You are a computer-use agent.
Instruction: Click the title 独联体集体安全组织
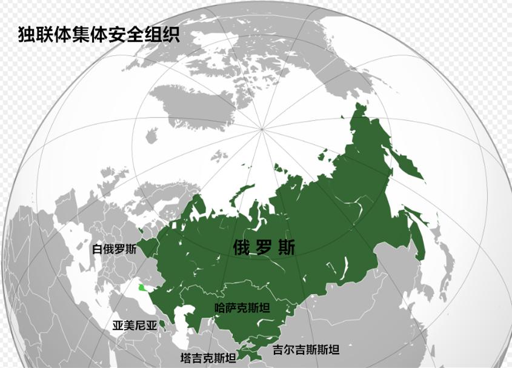pyautogui.click(x=99, y=34)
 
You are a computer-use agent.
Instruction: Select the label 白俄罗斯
pyautogui.click(x=115, y=249)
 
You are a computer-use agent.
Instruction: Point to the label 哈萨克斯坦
pyautogui.click(x=242, y=308)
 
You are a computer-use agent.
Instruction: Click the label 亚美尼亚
pyautogui.click(x=135, y=326)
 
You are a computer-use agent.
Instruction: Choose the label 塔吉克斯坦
pyautogui.click(x=209, y=358)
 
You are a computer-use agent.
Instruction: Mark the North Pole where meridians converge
pyautogui.click(x=262, y=128)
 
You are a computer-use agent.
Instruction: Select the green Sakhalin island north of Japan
pyautogui.click(x=417, y=233)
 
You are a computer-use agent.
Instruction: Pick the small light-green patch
pyautogui.click(x=142, y=287)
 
